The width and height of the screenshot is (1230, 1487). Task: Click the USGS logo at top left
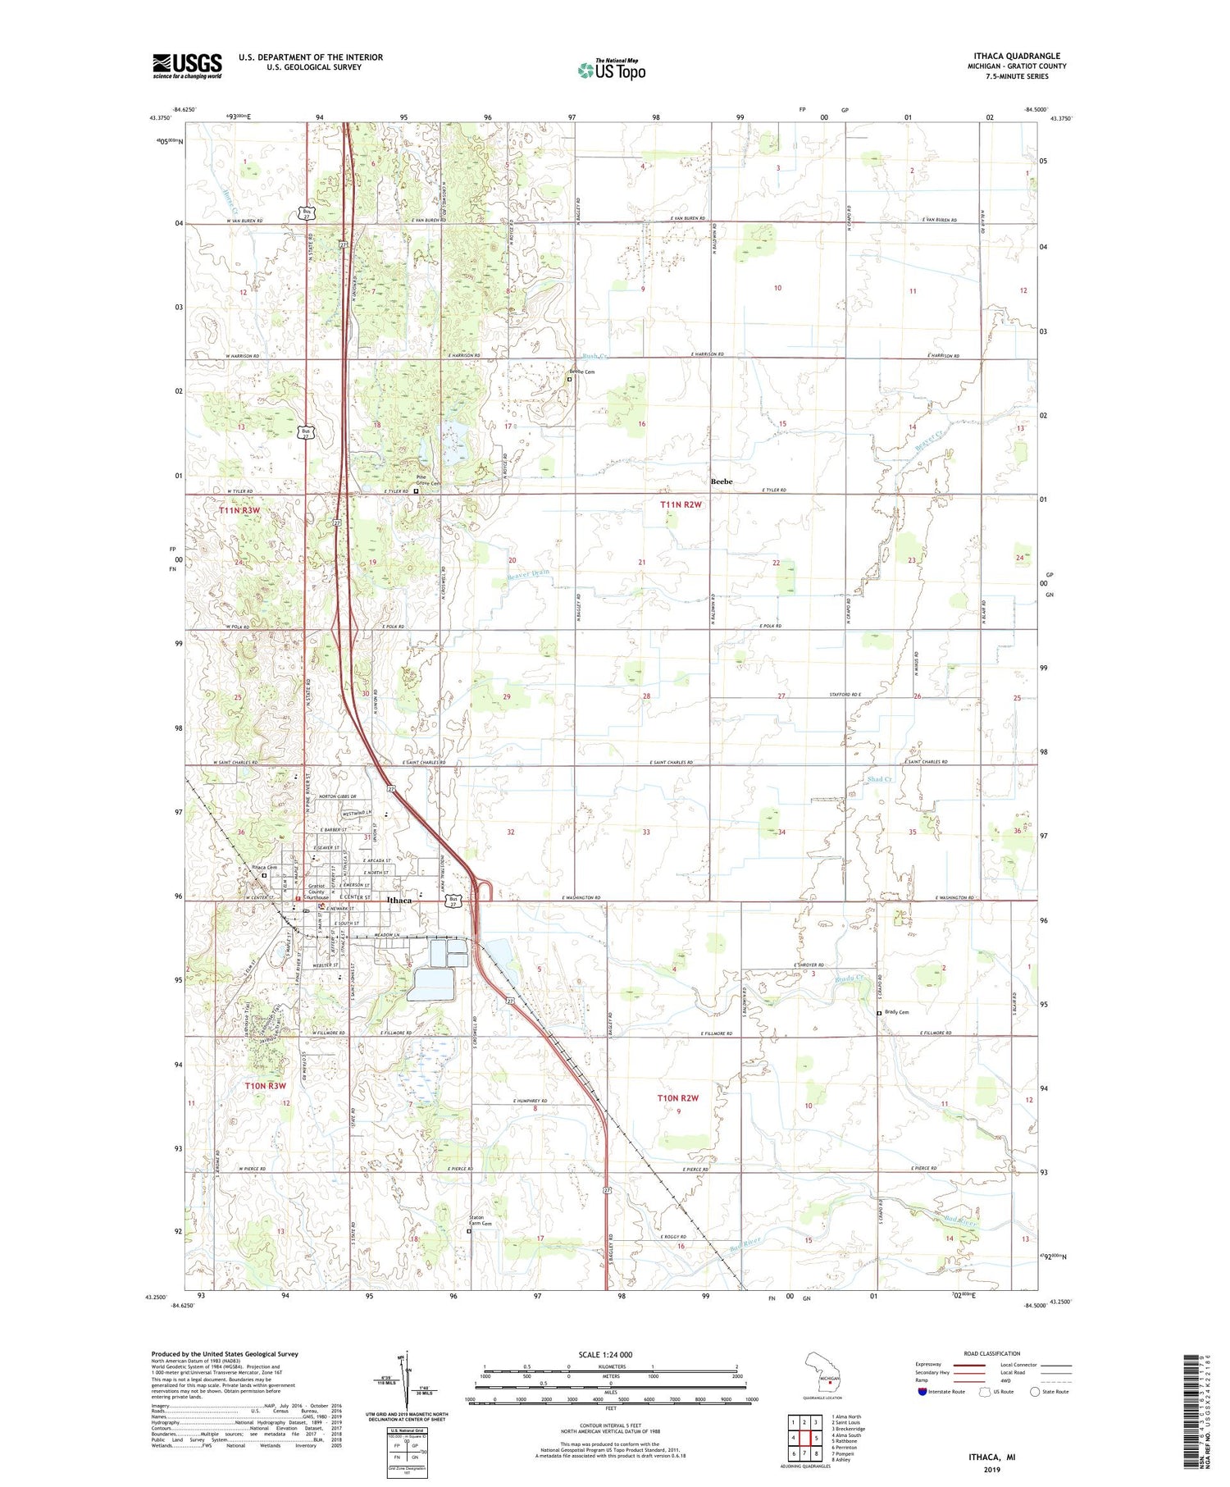click(x=187, y=66)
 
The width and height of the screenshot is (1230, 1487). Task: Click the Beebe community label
click(x=722, y=481)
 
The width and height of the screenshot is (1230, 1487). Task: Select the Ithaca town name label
click(x=399, y=900)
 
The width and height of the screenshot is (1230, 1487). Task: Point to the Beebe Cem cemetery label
click(x=582, y=372)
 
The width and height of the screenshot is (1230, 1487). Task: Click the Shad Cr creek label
click(x=880, y=778)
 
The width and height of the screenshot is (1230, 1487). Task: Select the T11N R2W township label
click(x=681, y=505)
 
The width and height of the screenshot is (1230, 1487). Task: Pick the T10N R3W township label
click(x=266, y=1085)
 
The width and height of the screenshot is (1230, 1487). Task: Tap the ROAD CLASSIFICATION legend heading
click(x=992, y=1353)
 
